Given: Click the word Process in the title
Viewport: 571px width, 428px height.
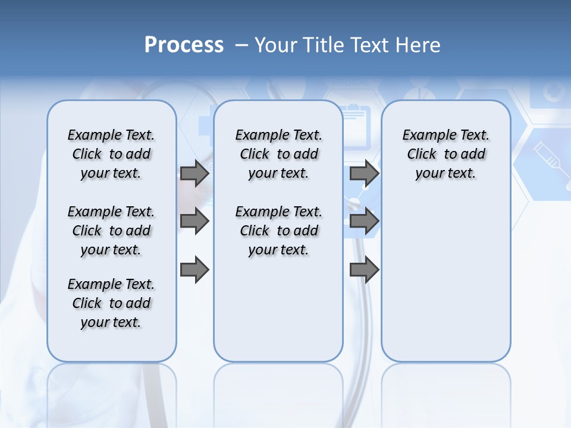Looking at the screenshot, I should pos(184,45).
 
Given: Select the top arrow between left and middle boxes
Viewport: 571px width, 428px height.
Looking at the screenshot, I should pos(194,173).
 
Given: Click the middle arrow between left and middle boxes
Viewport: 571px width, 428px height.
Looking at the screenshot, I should pos(194,221).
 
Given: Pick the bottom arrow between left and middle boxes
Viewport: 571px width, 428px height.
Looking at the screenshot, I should pos(194,270).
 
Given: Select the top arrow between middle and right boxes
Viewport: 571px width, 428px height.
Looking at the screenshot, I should pos(364,173).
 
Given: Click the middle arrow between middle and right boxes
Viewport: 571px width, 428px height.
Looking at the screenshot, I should pos(364,221).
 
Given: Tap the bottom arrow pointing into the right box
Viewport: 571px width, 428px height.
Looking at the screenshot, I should pos(364,270).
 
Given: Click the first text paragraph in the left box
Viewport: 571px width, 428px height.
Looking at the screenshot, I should pos(111,154).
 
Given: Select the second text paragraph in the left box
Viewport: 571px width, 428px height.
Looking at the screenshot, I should pos(111,231).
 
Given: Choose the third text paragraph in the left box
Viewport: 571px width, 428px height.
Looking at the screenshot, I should pos(111,303).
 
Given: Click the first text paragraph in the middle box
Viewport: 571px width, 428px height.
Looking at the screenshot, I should pos(278,154).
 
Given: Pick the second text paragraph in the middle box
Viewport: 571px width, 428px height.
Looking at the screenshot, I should pos(278,231).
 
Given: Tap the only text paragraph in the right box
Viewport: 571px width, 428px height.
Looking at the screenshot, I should pos(445,154).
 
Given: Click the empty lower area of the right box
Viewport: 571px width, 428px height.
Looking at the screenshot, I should pos(445,285).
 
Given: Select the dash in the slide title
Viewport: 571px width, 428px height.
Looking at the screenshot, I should pos(241,45).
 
